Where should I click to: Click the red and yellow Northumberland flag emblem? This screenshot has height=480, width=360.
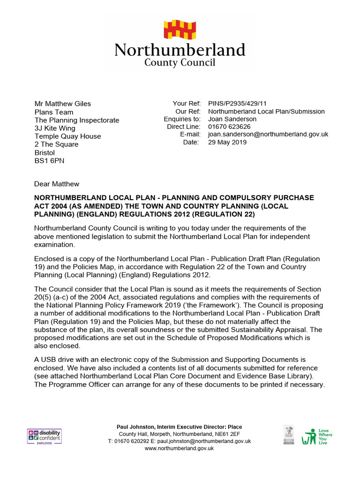pos(180,29)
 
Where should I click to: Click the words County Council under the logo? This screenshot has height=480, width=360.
pos(180,62)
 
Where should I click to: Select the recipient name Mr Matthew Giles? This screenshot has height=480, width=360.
pos(63,104)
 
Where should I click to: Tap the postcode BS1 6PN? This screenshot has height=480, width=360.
pos(49,161)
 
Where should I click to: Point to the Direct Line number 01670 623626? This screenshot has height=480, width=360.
pos(229,127)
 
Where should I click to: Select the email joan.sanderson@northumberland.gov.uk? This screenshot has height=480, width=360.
pos(268,134)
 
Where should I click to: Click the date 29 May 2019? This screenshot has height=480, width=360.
pos(227,142)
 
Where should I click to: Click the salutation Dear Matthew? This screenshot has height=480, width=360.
pos(57,184)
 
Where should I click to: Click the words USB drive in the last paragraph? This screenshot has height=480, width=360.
pos(57,360)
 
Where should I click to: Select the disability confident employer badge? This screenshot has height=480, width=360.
pos(44,436)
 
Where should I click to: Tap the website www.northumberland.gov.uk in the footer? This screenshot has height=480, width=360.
pos(179,448)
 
